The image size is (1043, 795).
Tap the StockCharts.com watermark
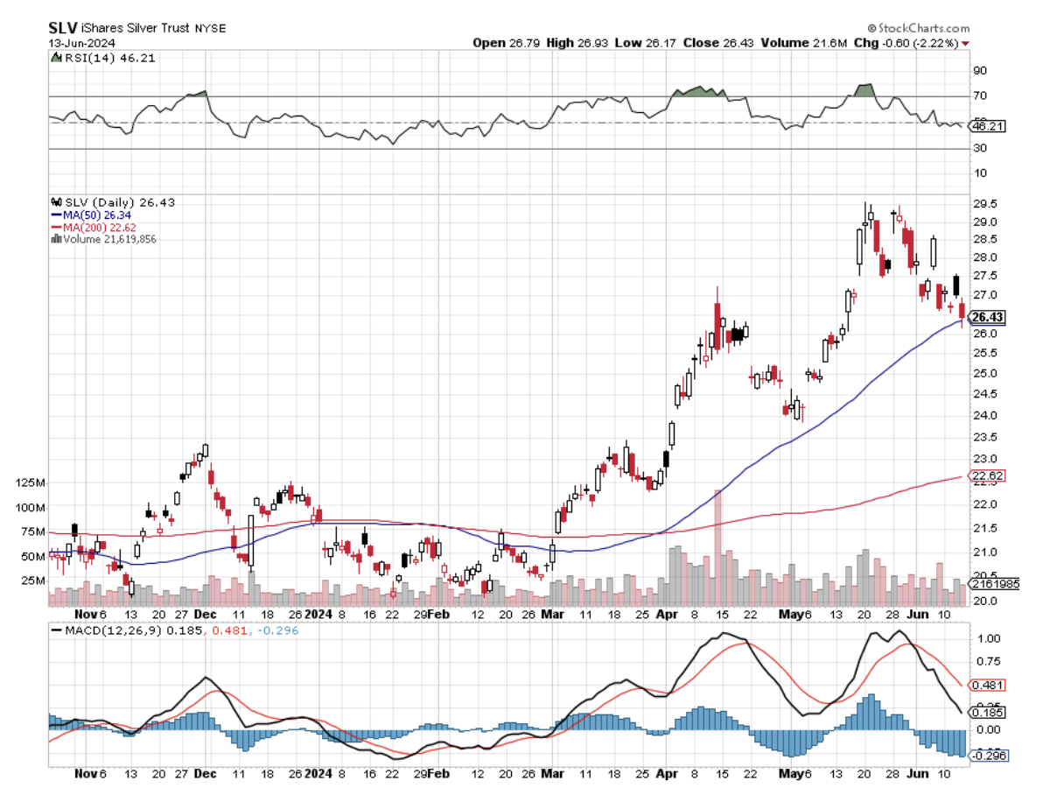pyautogui.click(x=918, y=28)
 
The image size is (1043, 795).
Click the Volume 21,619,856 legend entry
pyautogui.click(x=105, y=238)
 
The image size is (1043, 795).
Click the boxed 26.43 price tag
pyautogui.click(x=988, y=317)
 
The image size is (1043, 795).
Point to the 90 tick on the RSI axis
pyautogui.click(x=981, y=71)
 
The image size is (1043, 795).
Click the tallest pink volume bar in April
pyautogui.click(x=718, y=547)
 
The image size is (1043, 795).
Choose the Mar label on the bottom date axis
pyautogui.click(x=552, y=774)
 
